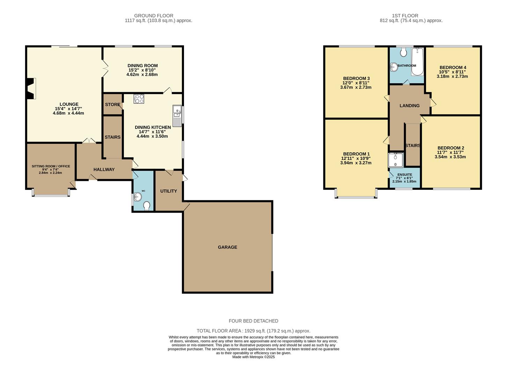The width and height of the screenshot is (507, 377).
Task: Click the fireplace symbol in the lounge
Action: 31,89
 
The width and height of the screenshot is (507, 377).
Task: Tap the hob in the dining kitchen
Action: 139,99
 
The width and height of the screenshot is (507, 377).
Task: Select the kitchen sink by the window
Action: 177,115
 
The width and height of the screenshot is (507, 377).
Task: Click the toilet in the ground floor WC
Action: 147,206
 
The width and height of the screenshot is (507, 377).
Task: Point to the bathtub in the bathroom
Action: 417,62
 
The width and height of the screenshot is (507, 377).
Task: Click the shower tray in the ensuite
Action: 396,160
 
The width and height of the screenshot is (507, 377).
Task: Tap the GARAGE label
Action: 227,247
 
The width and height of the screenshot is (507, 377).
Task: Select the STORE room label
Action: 112,105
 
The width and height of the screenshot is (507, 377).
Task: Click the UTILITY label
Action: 169,191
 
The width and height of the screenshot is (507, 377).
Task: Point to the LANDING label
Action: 409,105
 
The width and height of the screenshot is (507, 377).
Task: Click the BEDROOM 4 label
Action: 453,67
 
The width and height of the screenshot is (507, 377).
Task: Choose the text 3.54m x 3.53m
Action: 450,157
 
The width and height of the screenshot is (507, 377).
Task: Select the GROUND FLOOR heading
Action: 154,16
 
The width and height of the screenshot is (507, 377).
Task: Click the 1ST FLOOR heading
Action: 405,16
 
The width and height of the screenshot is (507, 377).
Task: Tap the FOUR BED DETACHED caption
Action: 253,321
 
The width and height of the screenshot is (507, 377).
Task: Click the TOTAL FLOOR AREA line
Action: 253,331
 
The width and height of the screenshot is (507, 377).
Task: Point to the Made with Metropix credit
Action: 253,357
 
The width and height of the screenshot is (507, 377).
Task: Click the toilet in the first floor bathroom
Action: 404,53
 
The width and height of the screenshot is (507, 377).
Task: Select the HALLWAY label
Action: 104,169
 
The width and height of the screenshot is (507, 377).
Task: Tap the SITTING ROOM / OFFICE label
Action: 51,166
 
